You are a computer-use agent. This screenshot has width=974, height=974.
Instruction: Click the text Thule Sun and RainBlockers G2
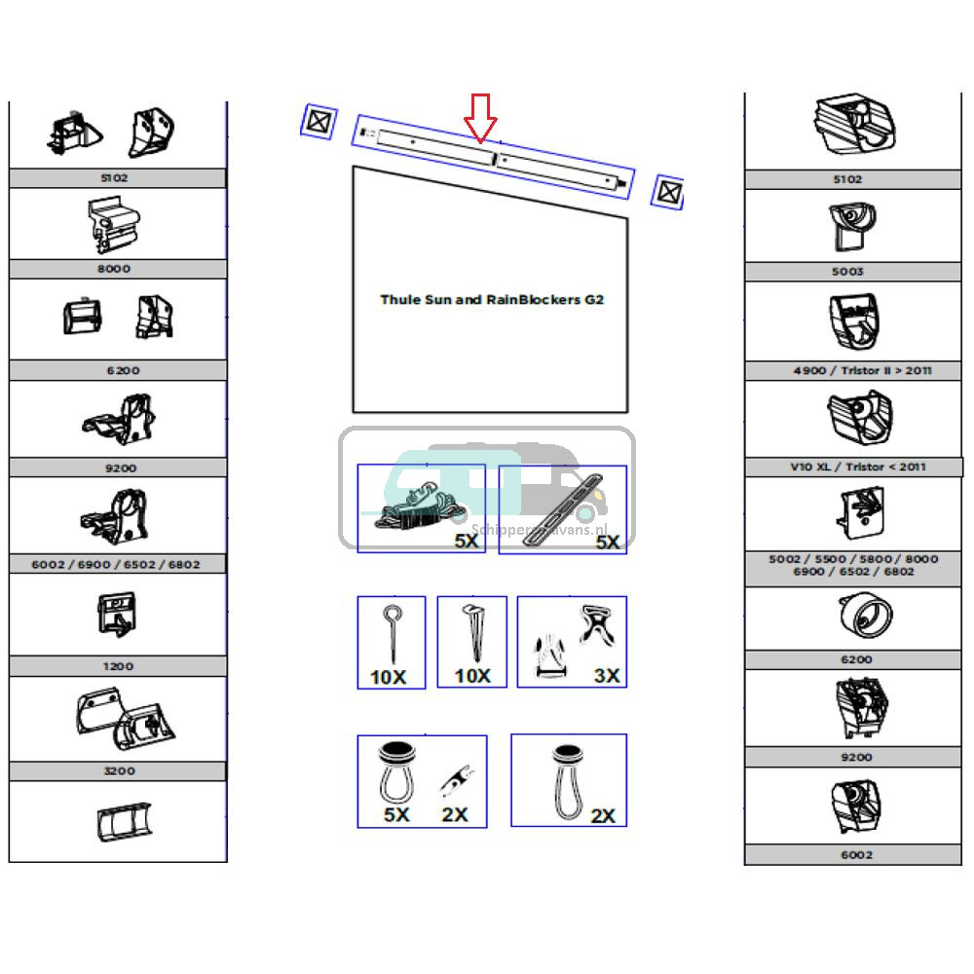pyautogui.click(x=491, y=300)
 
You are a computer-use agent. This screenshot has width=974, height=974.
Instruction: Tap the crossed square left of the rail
pyautogui.click(x=318, y=123)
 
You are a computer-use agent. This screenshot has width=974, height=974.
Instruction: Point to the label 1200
pyautogui.click(x=117, y=666)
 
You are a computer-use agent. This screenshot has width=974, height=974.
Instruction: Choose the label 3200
pyautogui.click(x=117, y=770)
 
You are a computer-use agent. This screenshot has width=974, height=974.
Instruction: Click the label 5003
pyautogui.click(x=847, y=272)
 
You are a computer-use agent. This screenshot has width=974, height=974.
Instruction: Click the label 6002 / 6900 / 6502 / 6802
pyautogui.click(x=117, y=564)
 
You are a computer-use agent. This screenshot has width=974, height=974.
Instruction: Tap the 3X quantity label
pyautogui.click(x=606, y=676)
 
